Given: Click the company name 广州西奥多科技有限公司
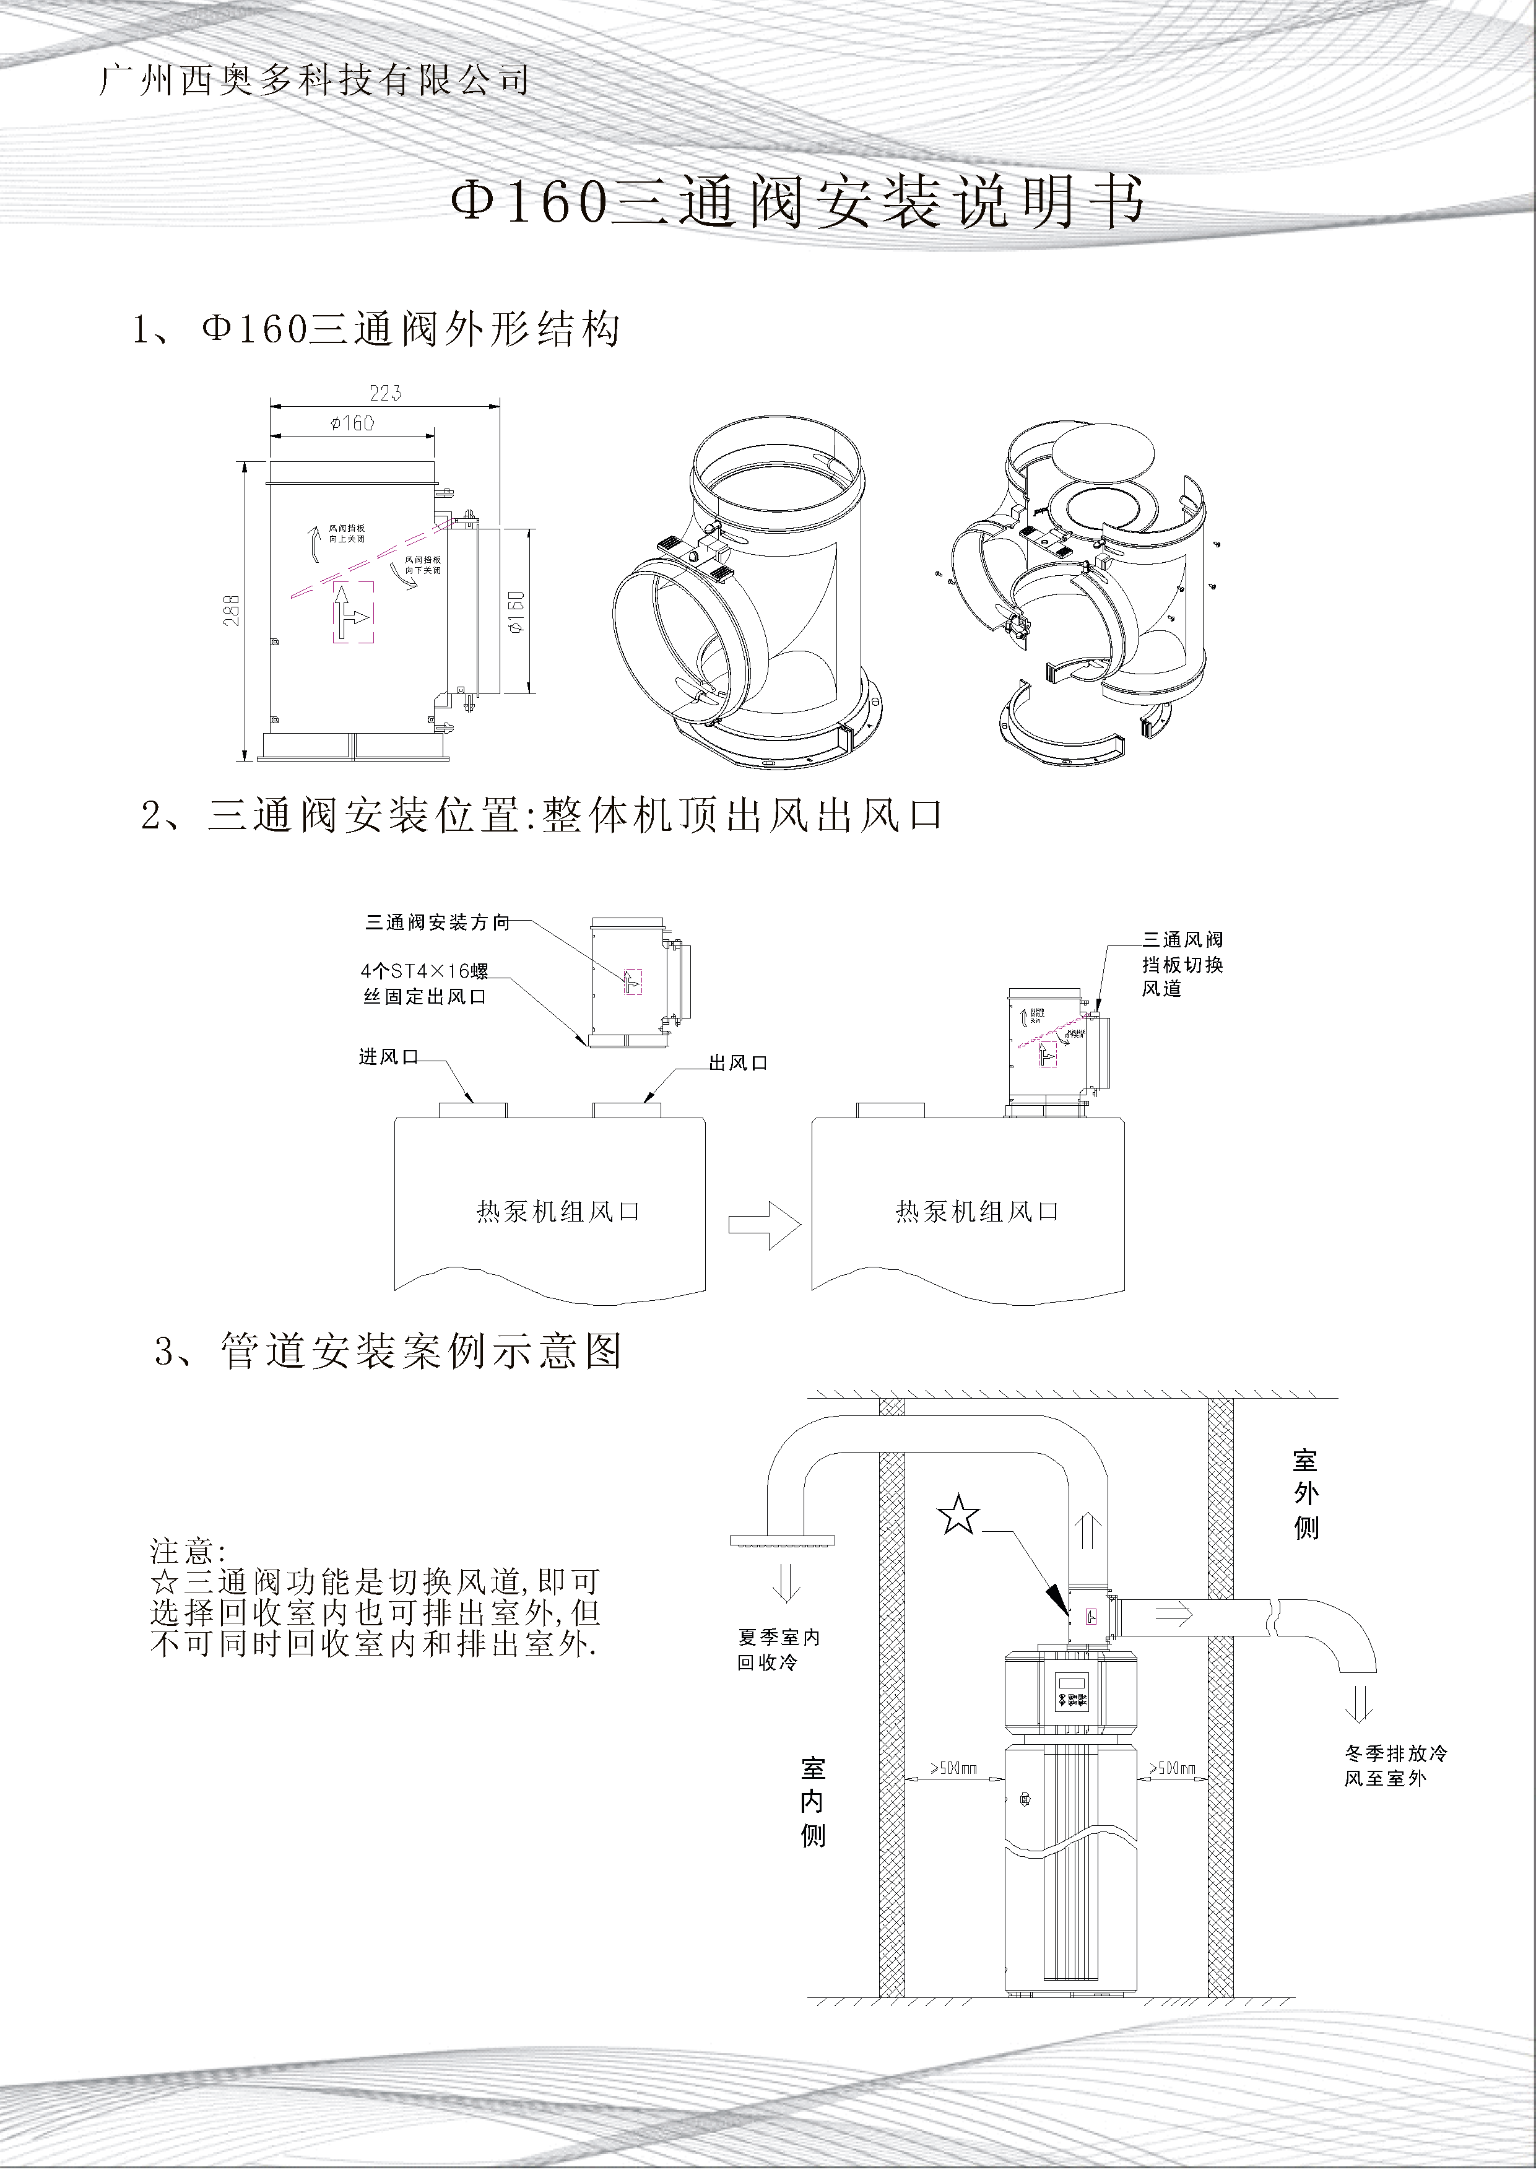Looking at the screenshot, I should click(x=313, y=81).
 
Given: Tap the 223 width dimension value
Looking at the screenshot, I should click(x=385, y=393).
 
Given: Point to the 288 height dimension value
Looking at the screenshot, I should click(x=233, y=609).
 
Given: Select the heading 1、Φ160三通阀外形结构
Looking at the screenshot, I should click(x=376, y=330).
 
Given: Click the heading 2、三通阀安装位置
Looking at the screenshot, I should click(x=542, y=815).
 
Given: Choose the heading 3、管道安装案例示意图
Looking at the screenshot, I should click(x=388, y=1351).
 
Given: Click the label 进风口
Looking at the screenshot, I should click(x=388, y=1058).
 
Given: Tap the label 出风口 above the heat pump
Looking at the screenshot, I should click(x=738, y=1063).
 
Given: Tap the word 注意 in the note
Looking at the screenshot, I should click(x=187, y=1552).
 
